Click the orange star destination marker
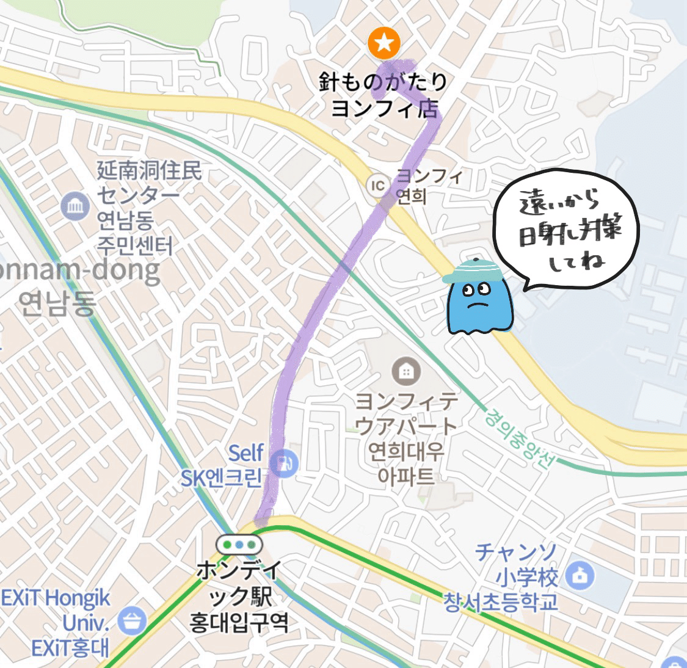(384, 43)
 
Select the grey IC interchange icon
(379, 184)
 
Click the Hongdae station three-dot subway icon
(239, 543)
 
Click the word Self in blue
(246, 453)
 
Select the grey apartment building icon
(404, 370)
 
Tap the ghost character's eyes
(477, 289)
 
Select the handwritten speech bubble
(565, 230)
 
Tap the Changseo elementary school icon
(580, 575)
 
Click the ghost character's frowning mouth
(478, 303)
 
